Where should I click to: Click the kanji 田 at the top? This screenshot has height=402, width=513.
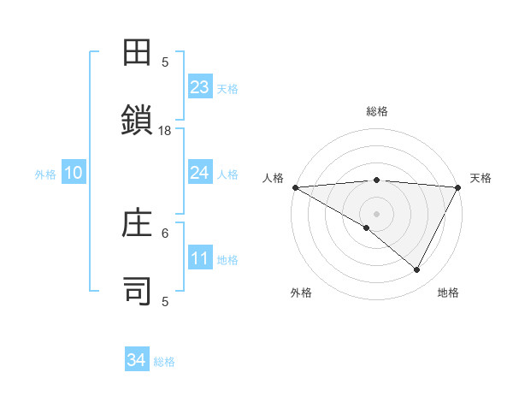click(139, 53)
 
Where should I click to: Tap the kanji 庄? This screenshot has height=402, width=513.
click(139, 226)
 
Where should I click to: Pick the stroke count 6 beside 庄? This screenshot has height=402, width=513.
click(165, 232)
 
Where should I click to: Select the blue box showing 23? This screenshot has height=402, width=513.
click(200, 86)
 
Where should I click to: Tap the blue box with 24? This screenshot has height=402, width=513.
click(200, 173)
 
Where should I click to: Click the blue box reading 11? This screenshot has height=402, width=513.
click(200, 258)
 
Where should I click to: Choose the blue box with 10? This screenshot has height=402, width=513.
click(74, 173)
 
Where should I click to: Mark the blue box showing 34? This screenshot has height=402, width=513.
click(137, 360)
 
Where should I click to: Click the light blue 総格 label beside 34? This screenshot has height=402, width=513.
click(164, 362)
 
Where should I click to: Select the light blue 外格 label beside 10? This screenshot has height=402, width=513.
click(45, 174)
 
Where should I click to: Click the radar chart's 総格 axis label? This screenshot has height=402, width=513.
click(376, 111)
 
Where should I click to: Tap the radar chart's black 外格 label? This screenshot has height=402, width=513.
click(300, 293)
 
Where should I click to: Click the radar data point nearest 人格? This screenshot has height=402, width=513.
click(295, 187)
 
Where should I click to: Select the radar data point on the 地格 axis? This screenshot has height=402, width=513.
click(417, 270)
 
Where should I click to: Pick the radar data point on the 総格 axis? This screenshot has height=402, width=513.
click(376, 180)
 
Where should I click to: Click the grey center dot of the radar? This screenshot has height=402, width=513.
click(376, 213)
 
